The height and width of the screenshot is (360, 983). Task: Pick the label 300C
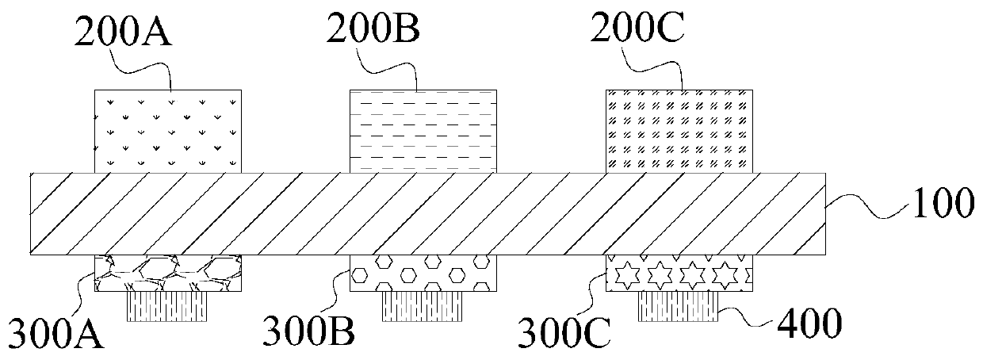tap(565, 334)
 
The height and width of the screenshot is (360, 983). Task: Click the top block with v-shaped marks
tap(168, 131)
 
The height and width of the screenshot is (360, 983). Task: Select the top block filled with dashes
tap(423, 131)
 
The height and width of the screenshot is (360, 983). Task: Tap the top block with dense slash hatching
tap(679, 131)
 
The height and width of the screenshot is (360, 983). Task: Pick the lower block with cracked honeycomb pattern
tap(168, 273)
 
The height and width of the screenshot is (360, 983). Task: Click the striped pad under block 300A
tap(167, 306)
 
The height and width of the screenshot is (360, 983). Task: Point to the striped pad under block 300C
tap(679, 306)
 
